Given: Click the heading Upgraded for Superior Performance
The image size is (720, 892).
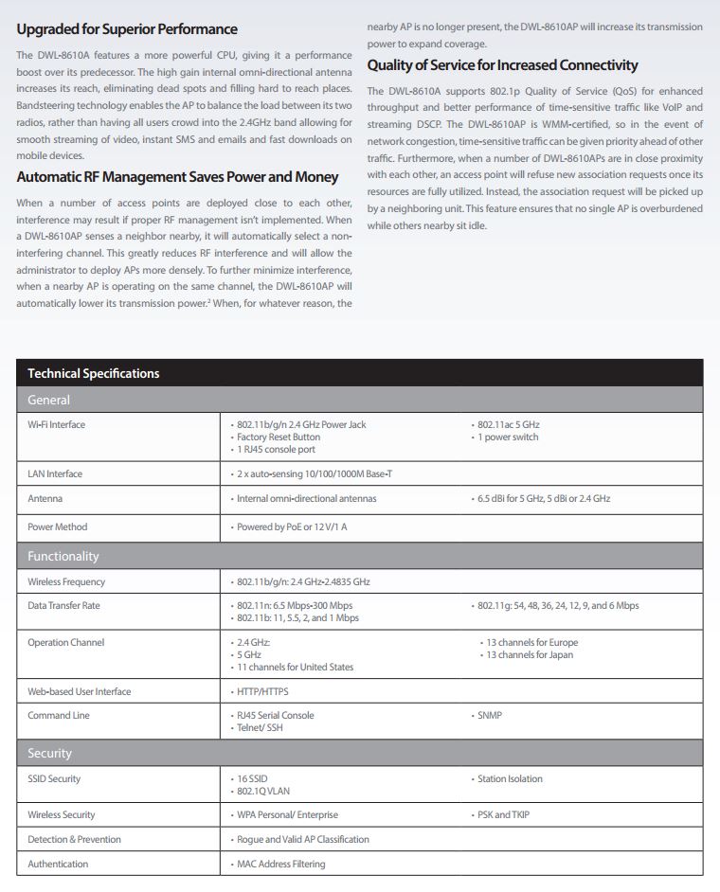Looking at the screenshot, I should click(x=127, y=29).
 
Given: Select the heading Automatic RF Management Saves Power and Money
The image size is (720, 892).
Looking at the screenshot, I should click(x=177, y=177).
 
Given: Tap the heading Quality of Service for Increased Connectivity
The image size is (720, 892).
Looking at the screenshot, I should click(x=502, y=65).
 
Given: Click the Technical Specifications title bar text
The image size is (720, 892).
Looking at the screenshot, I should click(x=94, y=373).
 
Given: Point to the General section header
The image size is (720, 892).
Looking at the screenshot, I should click(x=48, y=400).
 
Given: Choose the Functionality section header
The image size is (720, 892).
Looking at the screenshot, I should click(x=63, y=556).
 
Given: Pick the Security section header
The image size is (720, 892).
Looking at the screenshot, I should click(x=49, y=753).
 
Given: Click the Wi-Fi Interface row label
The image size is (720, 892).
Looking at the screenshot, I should click(x=56, y=425).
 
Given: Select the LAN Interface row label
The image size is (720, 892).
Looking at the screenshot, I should click(x=55, y=473).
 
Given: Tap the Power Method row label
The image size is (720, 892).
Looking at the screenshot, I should click(x=57, y=526).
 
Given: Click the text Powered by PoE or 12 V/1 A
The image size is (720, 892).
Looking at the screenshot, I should click(x=292, y=526).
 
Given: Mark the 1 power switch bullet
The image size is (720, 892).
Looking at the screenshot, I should click(x=508, y=437).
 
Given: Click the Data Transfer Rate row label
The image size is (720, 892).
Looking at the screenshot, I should click(x=63, y=605).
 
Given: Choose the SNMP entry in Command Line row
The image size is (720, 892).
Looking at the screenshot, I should click(x=490, y=716).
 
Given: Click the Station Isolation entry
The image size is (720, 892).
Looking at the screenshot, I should click(x=510, y=779).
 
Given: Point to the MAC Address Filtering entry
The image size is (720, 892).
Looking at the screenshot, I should click(x=280, y=864).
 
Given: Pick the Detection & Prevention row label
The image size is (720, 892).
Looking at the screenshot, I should click(x=74, y=839).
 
